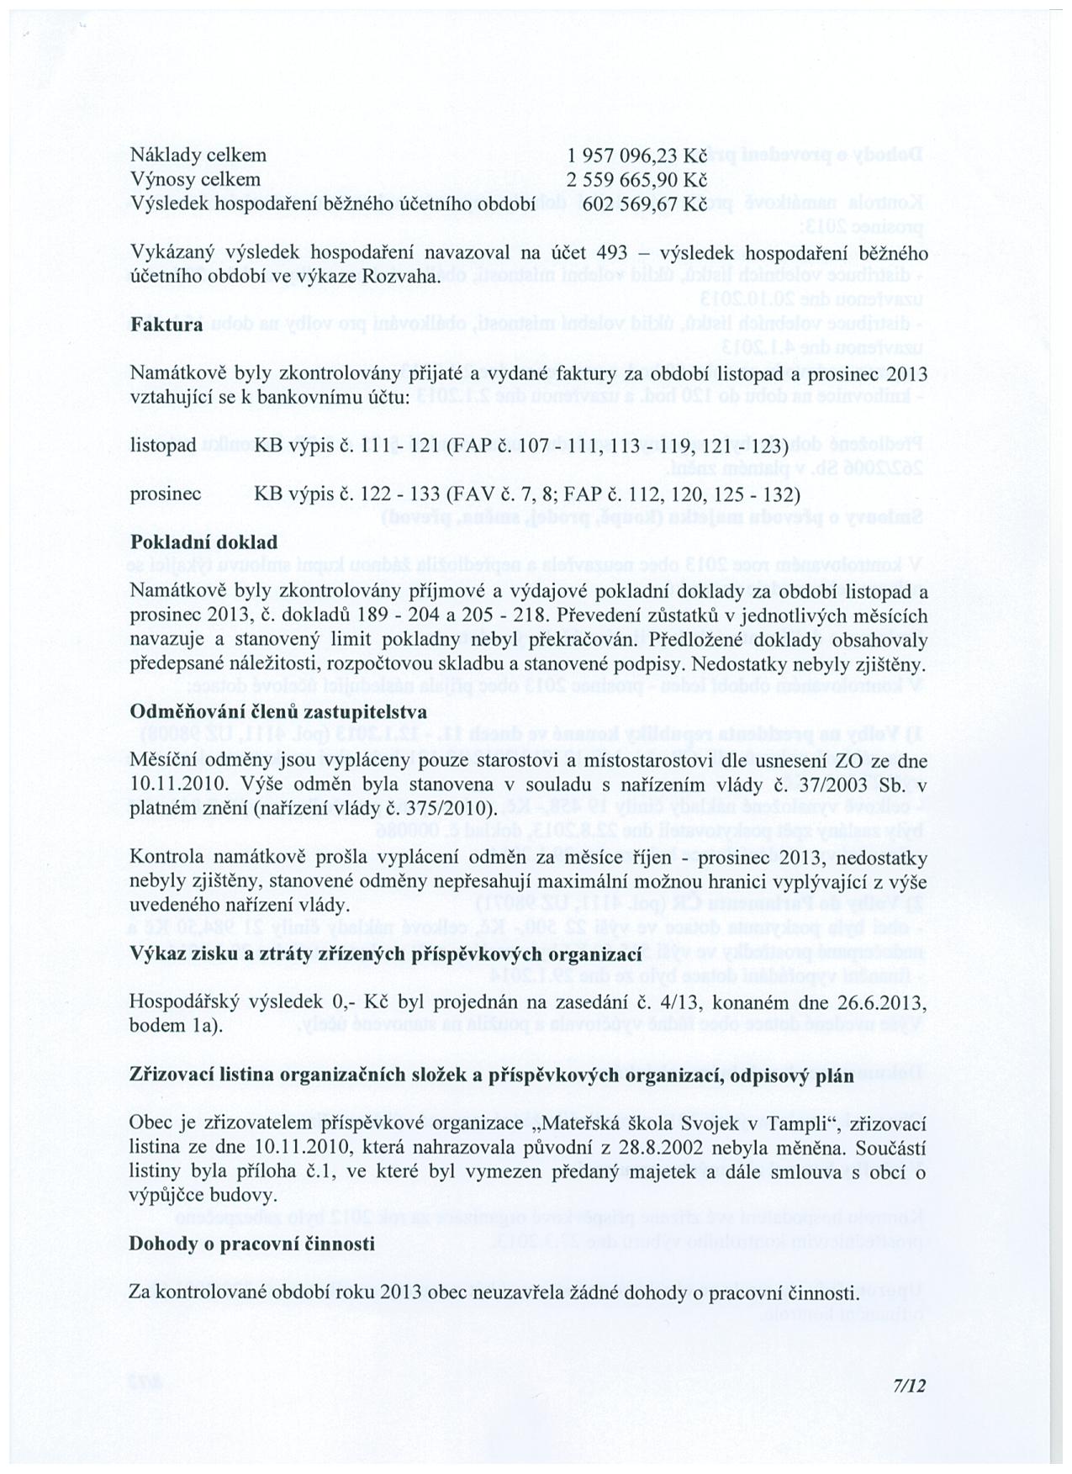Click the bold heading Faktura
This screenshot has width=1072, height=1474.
[x=166, y=325]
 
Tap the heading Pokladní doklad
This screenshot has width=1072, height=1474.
[x=203, y=543]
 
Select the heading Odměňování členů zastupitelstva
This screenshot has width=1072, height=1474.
[x=278, y=712]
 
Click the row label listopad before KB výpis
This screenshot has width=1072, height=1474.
[x=164, y=445]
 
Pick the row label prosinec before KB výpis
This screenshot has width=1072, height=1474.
[x=166, y=494]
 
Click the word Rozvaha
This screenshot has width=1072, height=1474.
[x=406, y=277]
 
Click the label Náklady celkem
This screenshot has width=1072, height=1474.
[x=198, y=156]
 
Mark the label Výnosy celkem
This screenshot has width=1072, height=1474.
[x=195, y=180]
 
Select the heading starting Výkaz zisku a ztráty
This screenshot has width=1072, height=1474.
[x=386, y=954]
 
